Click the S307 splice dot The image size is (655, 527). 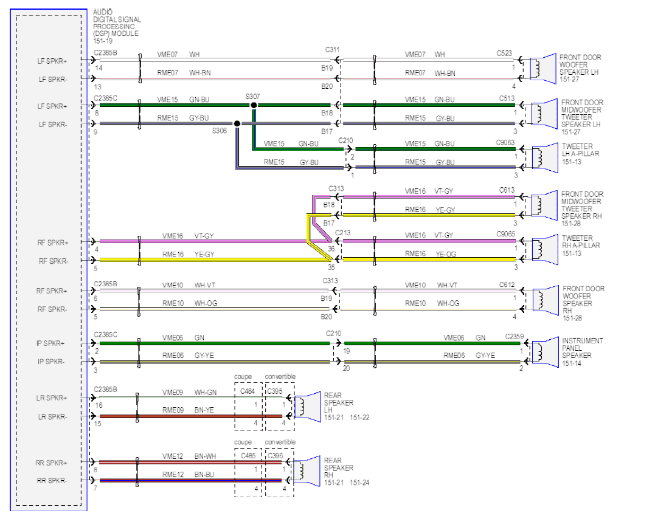(254, 105)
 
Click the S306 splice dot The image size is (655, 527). (237, 123)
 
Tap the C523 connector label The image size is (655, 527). (504, 53)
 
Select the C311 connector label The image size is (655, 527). (333, 50)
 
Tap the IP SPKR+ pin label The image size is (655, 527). (50, 343)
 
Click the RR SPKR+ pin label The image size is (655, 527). (51, 463)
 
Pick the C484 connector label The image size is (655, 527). (248, 391)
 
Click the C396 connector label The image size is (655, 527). (276, 456)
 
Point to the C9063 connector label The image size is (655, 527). (505, 142)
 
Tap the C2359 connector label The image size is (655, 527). (515, 337)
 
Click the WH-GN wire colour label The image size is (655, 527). (206, 393)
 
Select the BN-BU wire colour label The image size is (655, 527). (204, 475)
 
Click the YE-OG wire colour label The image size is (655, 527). (446, 254)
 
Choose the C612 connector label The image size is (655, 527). (507, 285)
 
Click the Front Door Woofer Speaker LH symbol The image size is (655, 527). (542, 69)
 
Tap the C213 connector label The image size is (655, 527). (343, 233)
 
